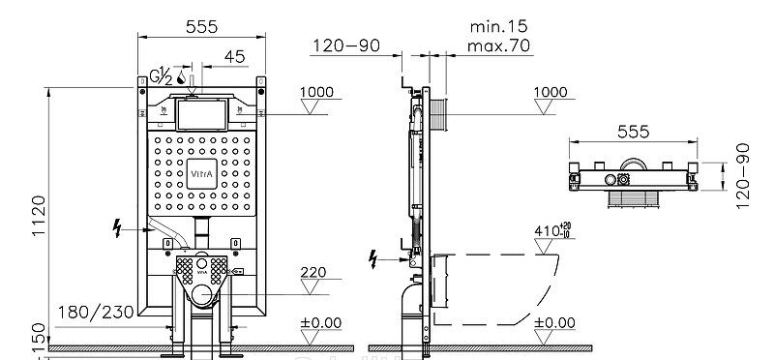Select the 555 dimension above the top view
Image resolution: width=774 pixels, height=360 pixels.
(x=632, y=131)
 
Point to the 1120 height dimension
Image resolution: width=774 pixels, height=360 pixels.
(x=38, y=216)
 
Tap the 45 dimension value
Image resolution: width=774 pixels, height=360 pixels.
(x=234, y=57)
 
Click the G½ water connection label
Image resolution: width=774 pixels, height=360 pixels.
(x=160, y=75)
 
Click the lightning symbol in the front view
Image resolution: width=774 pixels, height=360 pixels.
(x=119, y=227)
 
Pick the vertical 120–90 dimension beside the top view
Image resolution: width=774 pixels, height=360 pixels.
(x=743, y=172)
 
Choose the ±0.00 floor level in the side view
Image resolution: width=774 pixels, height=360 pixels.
(x=554, y=322)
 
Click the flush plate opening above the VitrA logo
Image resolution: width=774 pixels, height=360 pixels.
(x=202, y=116)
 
